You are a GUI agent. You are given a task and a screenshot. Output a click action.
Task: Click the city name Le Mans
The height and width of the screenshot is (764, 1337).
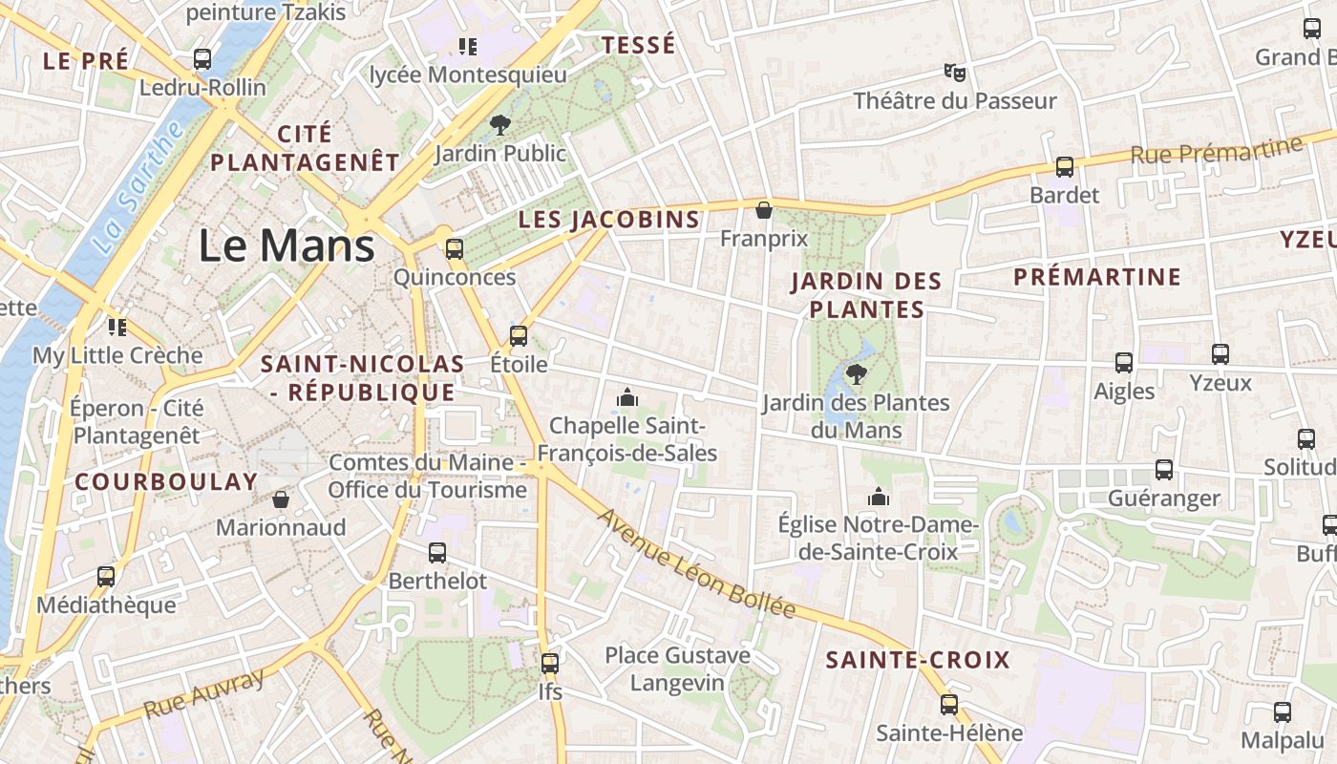pos(286,246)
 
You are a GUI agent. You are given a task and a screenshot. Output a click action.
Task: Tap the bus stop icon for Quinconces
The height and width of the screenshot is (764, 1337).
pos(455,249)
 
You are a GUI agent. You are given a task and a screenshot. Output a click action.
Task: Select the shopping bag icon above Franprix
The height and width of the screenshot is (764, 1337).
pos(763,210)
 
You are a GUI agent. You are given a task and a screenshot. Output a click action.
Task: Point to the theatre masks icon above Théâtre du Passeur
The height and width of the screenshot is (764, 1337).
pos(954,72)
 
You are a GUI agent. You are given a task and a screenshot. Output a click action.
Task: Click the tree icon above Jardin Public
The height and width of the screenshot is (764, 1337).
pos(499,124)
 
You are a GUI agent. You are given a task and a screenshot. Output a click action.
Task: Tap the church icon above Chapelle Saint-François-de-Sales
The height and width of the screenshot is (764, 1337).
pos(627,396)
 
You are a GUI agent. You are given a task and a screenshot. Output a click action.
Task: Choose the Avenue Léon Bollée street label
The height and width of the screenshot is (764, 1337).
pos(696,563)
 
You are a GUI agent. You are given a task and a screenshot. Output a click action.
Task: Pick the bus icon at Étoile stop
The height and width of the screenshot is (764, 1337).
pos(519,336)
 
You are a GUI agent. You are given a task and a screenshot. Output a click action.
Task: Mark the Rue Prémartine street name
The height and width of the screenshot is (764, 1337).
pos(1216,151)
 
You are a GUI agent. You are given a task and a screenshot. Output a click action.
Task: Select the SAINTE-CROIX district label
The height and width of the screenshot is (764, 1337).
pos(917,660)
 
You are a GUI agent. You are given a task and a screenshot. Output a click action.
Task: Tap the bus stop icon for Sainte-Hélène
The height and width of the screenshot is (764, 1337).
pos(948,705)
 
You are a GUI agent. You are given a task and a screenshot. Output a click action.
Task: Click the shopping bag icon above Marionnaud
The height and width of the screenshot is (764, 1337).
pos(281,499)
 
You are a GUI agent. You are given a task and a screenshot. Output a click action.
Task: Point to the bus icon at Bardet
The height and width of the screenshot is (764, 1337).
pos(1065,167)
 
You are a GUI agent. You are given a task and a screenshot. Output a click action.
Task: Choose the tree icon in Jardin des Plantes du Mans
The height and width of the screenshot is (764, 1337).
pos(856,373)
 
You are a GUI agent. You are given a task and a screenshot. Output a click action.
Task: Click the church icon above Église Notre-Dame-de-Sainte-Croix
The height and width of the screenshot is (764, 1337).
pos(879,497)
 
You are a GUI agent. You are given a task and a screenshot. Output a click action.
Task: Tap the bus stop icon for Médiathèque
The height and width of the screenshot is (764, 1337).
pos(106,577)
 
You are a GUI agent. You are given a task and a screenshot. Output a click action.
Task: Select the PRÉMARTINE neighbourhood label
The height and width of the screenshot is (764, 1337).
pos(1097,278)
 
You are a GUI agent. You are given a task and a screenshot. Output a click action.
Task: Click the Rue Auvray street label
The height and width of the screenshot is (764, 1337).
pos(203,694)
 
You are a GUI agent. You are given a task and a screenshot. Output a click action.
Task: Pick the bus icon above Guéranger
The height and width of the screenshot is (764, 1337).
pos(1164,470)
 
